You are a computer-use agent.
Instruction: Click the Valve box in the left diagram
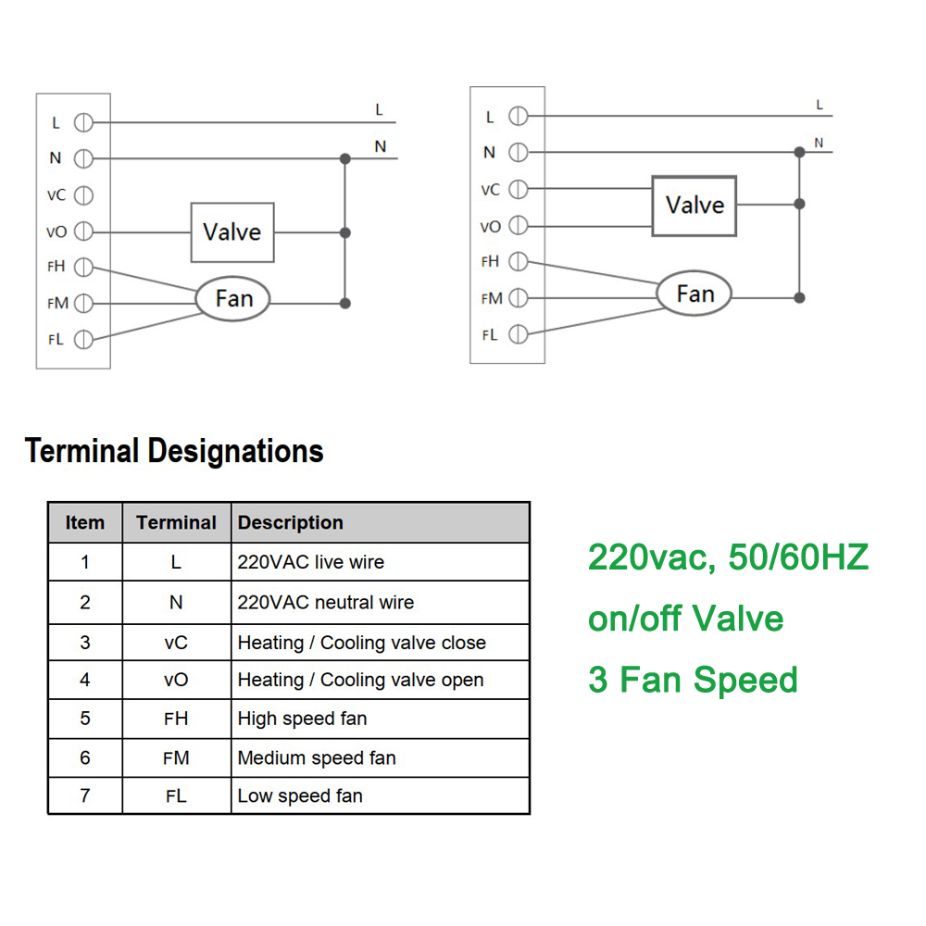click(x=231, y=231)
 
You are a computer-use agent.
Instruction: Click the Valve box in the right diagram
click(x=694, y=205)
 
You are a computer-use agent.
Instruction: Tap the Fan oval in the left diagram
click(x=233, y=298)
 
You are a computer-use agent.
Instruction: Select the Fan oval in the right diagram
click(x=694, y=294)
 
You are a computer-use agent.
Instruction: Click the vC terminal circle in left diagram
click(x=83, y=195)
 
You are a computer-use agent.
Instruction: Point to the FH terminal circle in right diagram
click(x=519, y=262)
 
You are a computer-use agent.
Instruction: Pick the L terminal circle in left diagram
click(x=83, y=122)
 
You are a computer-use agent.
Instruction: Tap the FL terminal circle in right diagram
click(x=519, y=334)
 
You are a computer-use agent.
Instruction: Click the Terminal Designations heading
click(x=174, y=451)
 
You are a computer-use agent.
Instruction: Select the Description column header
click(x=291, y=522)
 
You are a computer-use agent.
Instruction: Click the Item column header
click(x=85, y=522)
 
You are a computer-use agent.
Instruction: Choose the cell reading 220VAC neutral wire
click(x=326, y=603)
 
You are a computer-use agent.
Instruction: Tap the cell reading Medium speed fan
click(x=317, y=757)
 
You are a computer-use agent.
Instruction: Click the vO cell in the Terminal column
click(x=176, y=680)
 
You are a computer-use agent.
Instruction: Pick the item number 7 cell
click(x=85, y=795)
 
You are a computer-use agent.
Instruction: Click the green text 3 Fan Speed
click(x=693, y=680)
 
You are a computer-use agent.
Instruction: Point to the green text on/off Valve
click(x=685, y=619)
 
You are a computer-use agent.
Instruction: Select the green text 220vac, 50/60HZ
click(x=728, y=557)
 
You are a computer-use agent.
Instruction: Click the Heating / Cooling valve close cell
click(x=361, y=643)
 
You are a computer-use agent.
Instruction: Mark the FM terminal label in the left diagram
click(x=58, y=303)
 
